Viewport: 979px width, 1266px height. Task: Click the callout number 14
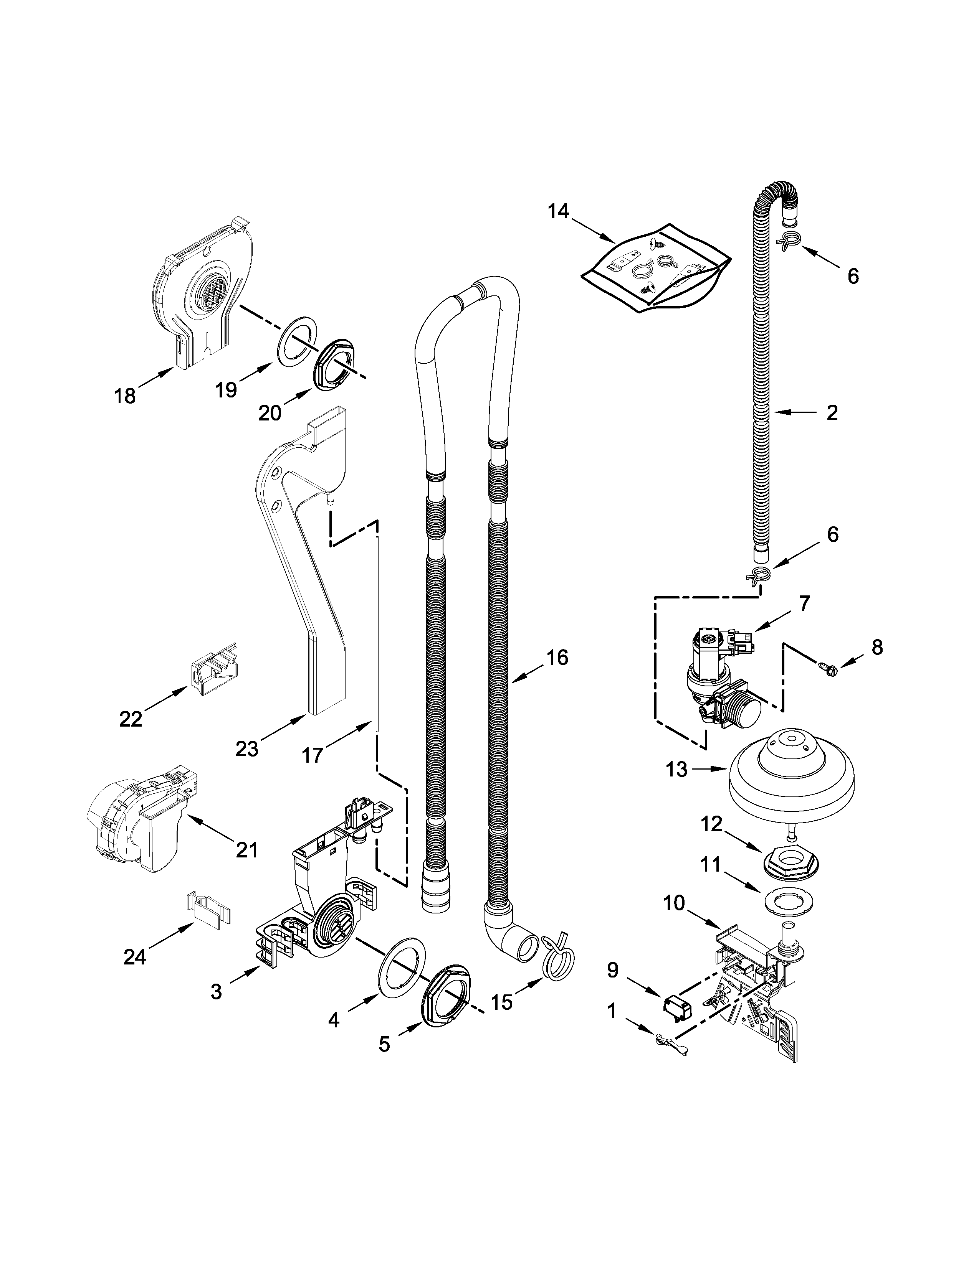click(559, 212)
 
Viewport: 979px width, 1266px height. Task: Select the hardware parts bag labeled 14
click(655, 268)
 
